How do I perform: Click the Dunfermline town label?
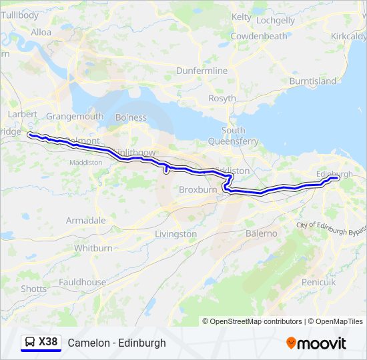pyautogui.click(x=202, y=71)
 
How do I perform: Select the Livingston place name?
pyautogui.click(x=175, y=234)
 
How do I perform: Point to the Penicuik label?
pyautogui.click(x=318, y=282)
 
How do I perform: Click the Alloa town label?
pyautogui.click(x=41, y=32)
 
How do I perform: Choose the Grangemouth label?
pyautogui.click(x=75, y=116)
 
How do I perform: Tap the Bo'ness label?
pyautogui.click(x=131, y=117)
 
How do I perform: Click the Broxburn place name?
pyautogui.click(x=198, y=189)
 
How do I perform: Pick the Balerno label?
pyautogui.click(x=261, y=233)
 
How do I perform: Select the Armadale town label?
pyautogui.click(x=85, y=220)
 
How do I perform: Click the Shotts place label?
pyautogui.click(x=34, y=289)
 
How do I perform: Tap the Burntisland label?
pyautogui.click(x=312, y=81)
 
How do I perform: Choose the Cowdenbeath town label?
pyautogui.click(x=259, y=36)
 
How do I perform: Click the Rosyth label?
pyautogui.click(x=222, y=98)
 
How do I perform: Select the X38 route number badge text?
pyautogui.click(x=48, y=342)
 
